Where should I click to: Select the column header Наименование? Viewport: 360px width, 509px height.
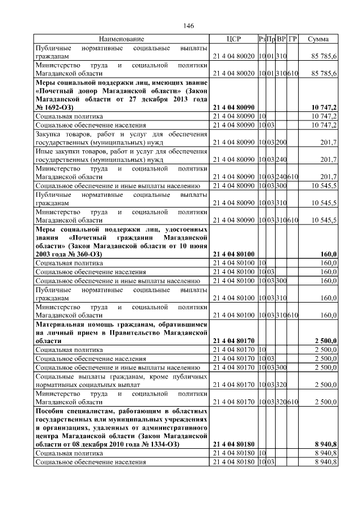121,39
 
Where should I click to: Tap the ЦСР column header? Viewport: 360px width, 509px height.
233,39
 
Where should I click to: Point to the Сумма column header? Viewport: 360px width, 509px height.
319,39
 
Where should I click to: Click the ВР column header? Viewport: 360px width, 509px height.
281,39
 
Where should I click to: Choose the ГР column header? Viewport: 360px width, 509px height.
292,39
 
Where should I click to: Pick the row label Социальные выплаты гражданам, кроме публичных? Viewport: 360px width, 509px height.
121,376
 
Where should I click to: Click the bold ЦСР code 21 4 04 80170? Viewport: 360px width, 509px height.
233,341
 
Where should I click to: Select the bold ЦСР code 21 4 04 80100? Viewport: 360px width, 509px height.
233,255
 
